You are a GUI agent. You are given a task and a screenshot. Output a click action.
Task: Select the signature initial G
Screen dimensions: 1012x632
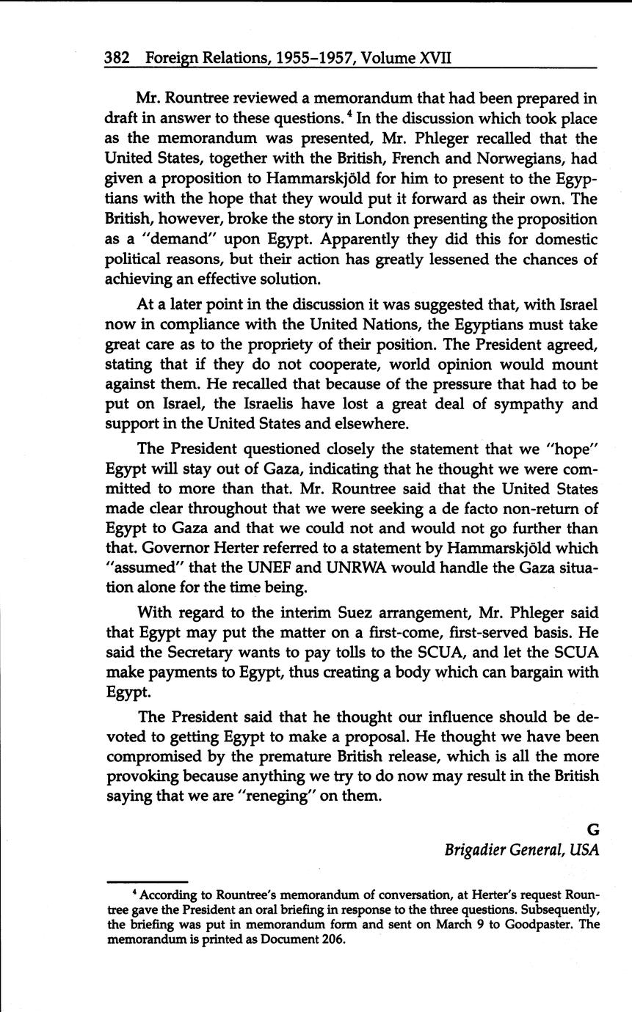[x=593, y=829]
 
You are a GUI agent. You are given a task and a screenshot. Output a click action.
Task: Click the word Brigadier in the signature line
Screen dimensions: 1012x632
[x=474, y=850]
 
